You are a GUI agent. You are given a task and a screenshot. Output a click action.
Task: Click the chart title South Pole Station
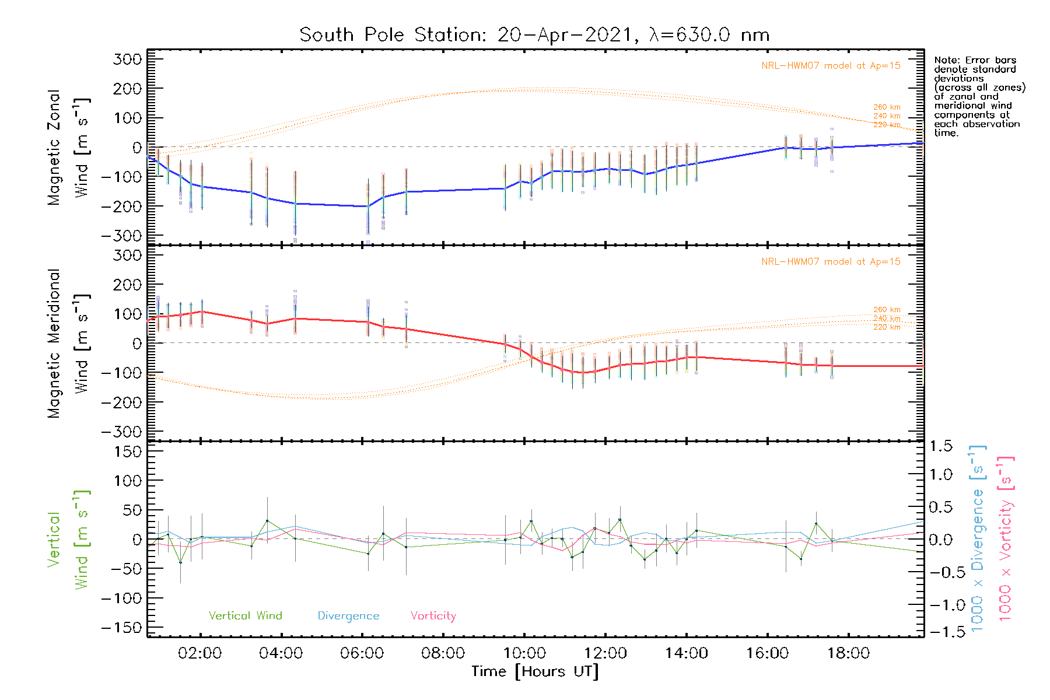[534, 35]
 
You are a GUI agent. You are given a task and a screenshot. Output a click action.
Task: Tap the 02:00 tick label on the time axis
[199, 653]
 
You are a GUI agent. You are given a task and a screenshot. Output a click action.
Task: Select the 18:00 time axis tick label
[848, 653]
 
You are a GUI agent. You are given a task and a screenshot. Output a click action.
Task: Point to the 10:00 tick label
[524, 653]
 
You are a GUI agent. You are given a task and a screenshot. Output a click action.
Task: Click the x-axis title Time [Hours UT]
[535, 672]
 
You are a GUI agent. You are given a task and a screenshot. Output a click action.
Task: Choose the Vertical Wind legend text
[245, 616]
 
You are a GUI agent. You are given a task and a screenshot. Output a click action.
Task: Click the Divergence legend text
[348, 616]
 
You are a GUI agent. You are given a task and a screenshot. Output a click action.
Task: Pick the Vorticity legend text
[433, 616]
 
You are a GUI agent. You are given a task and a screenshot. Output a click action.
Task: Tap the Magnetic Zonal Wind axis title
[69, 148]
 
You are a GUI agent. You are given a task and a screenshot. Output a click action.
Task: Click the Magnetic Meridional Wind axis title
[69, 344]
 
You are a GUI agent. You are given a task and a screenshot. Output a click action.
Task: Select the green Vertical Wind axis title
[69, 540]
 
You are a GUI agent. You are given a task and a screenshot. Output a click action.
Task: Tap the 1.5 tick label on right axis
[941, 446]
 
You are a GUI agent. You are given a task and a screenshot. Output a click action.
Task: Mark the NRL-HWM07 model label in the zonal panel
[830, 66]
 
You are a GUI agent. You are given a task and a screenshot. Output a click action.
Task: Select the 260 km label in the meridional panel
[887, 310]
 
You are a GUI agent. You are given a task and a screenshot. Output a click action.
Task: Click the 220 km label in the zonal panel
[887, 125]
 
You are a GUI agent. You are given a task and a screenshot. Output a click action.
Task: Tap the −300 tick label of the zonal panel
[121, 236]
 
